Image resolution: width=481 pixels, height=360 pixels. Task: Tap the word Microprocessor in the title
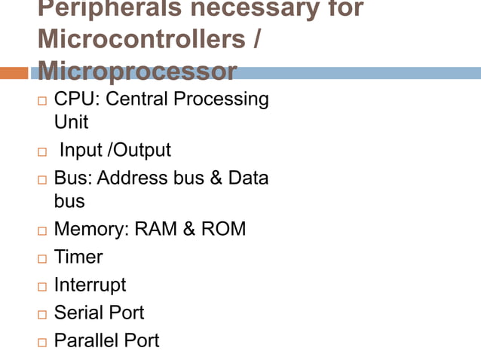point(136,72)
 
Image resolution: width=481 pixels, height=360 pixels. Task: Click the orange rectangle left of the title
point(14,73)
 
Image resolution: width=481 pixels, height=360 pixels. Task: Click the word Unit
point(71,122)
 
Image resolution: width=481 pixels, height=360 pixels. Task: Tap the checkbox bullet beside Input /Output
point(41,152)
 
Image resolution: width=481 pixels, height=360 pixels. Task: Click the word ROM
point(223,229)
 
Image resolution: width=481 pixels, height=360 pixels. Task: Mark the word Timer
point(78,257)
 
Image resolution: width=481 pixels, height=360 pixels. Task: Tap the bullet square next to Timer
point(41,258)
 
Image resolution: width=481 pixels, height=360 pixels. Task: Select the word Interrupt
point(90,285)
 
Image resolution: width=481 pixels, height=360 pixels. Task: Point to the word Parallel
point(86,340)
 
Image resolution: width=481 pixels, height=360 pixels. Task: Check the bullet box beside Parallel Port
point(41,342)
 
